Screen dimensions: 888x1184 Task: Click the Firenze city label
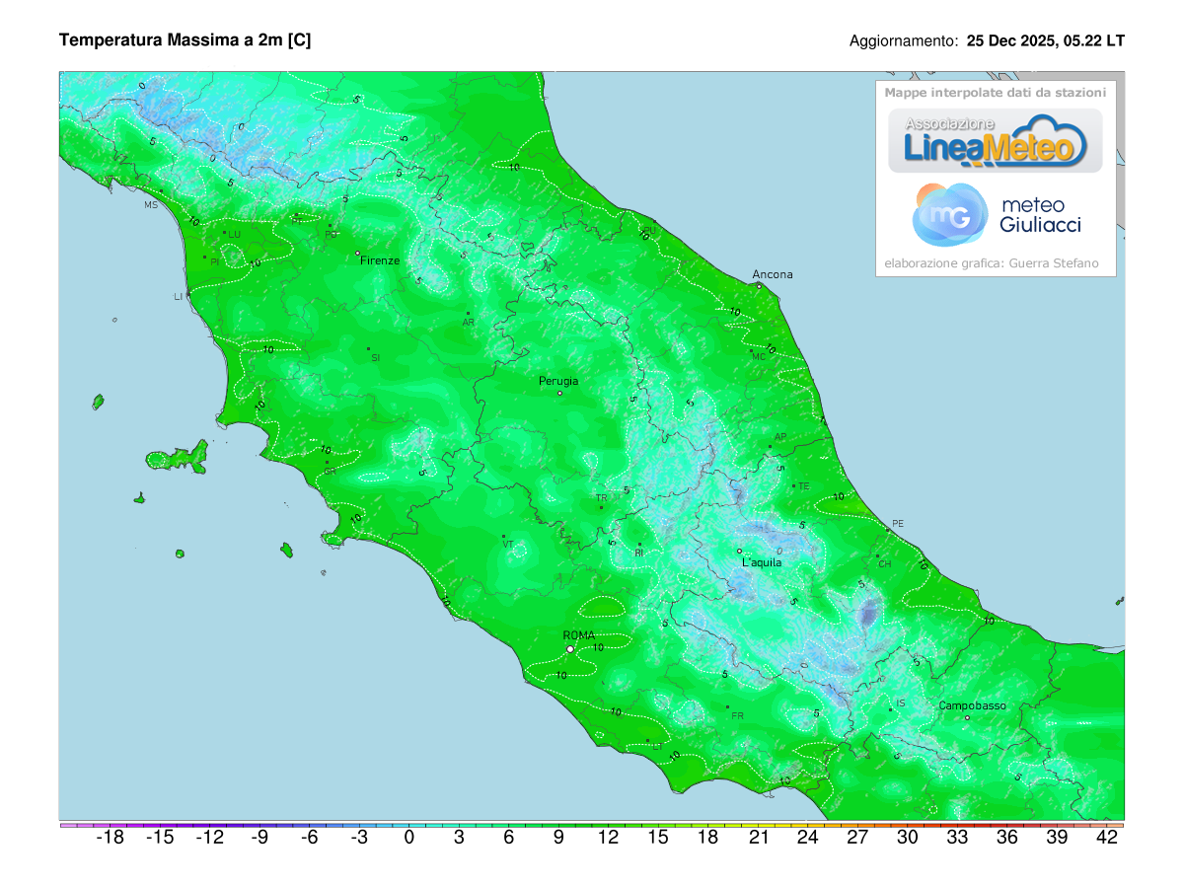pos(380,260)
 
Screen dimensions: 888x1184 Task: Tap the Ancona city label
pos(772,274)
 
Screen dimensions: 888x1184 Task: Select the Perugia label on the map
pos(558,381)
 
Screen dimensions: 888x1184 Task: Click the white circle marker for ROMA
pos(570,649)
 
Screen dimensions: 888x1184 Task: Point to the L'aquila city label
pos(762,562)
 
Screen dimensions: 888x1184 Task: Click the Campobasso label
pos(972,705)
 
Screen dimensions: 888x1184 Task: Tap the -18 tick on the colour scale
pos(110,838)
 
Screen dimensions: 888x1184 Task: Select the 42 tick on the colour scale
pos(1107,838)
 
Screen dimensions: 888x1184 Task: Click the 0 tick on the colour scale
pos(408,838)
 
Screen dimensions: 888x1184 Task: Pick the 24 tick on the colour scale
pos(807,838)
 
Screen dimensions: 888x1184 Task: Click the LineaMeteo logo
pos(995,140)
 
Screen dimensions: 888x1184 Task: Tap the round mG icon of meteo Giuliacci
pos(950,215)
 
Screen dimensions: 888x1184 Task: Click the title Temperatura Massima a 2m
pos(185,40)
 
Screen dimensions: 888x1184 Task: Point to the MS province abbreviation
pos(151,205)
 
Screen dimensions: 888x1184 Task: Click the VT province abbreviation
pos(508,544)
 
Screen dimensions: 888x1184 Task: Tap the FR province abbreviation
pos(737,715)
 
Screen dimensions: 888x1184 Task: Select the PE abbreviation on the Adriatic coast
pos(897,523)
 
